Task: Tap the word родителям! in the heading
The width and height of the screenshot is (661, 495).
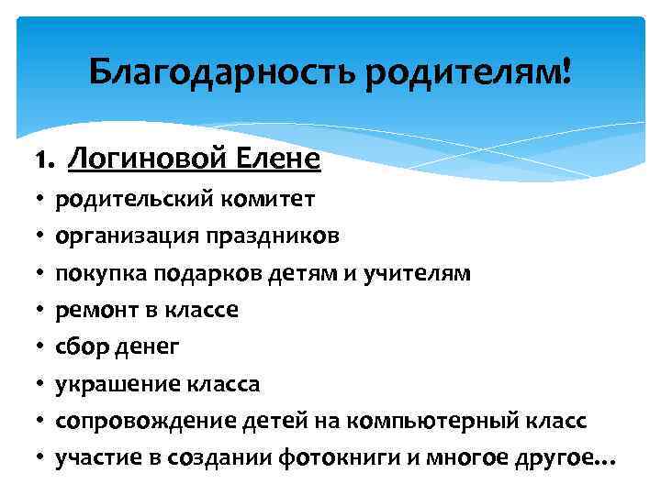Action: pos(468,71)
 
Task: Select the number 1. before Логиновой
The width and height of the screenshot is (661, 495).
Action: pos(47,160)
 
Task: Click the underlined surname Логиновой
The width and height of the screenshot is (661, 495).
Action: pos(139,159)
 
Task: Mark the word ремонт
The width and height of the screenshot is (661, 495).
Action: pos(90,310)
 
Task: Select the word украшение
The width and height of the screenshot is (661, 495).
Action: pos(108,384)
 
